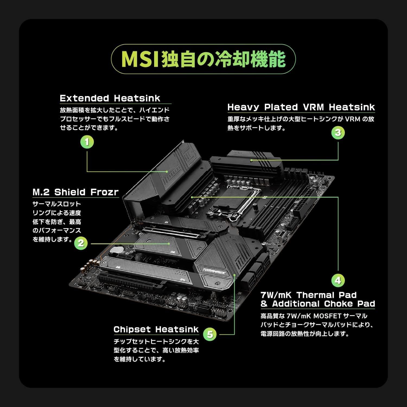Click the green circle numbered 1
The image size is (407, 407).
(x=87, y=142)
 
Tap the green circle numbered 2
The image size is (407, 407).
(x=81, y=243)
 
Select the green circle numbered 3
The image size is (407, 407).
(x=338, y=133)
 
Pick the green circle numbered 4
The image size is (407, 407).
(x=338, y=280)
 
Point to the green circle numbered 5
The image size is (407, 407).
(x=210, y=334)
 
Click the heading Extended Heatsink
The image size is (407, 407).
(x=110, y=98)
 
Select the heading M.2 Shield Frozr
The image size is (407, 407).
(x=75, y=192)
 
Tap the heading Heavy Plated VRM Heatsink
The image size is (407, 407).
(x=301, y=107)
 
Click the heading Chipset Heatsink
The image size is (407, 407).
(x=156, y=329)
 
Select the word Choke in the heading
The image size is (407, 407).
(x=338, y=304)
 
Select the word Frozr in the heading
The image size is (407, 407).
(x=104, y=192)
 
